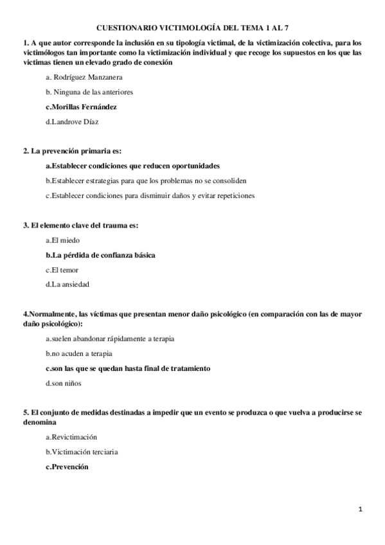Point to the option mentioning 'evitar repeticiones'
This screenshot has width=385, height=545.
[x=150, y=195]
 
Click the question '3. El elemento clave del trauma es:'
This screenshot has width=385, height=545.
[x=80, y=225]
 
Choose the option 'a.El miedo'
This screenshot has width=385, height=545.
[x=62, y=240]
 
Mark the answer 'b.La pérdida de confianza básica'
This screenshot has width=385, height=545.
[x=100, y=255]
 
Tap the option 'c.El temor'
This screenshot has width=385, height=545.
[x=62, y=269]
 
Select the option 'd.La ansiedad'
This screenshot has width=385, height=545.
[x=67, y=283]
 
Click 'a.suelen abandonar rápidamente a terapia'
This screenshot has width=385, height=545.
[x=109, y=338]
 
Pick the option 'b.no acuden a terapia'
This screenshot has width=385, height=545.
[x=79, y=353]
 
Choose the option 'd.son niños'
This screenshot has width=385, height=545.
[x=64, y=383]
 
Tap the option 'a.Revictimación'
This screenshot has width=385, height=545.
[x=72, y=437]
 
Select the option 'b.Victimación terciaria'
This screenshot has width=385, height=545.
[x=82, y=452]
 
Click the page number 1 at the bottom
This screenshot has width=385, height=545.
[x=361, y=510]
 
